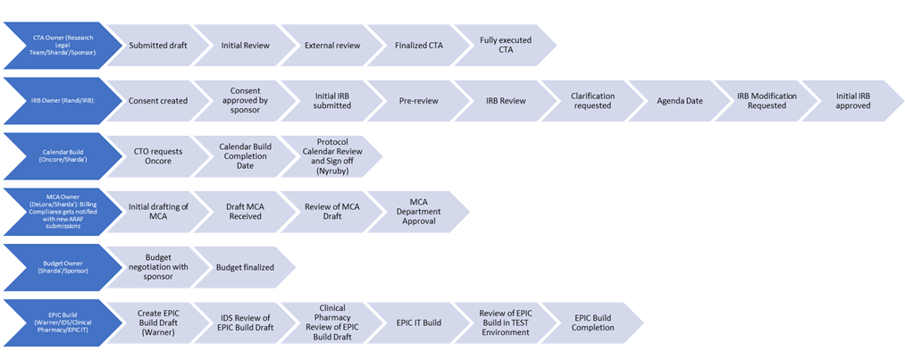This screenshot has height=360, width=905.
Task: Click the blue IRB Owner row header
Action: (x=62, y=100)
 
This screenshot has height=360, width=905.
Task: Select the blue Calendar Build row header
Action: (x=62, y=156)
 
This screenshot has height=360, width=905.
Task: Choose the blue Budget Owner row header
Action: (x=62, y=266)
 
